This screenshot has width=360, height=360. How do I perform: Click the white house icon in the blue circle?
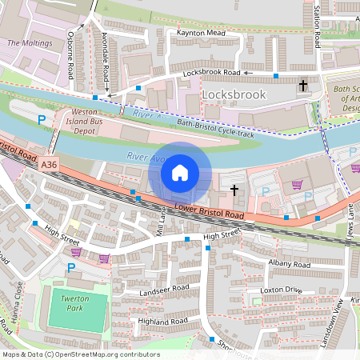(180, 172)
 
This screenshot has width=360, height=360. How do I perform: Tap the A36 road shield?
(50, 165)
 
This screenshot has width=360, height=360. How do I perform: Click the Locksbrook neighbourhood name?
(234, 94)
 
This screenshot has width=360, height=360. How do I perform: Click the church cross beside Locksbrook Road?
(303, 84)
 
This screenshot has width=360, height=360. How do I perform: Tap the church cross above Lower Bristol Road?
(234, 190)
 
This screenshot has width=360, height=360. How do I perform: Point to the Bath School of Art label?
(347, 98)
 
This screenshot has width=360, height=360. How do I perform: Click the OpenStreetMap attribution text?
(80, 354)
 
